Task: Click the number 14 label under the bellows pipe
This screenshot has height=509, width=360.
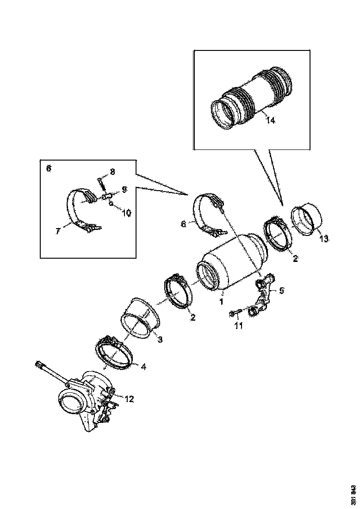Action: coord(270,120)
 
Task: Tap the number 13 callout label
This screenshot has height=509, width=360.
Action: coord(324,238)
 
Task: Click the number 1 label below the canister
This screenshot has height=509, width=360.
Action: coord(222,301)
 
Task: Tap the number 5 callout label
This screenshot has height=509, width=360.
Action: coord(281,291)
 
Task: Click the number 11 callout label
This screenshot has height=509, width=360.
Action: coord(238,326)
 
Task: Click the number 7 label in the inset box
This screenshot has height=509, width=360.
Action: coord(58,230)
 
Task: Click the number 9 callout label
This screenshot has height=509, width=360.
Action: coord(124,189)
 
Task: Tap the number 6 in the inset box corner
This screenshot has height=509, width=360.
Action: coord(49,168)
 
